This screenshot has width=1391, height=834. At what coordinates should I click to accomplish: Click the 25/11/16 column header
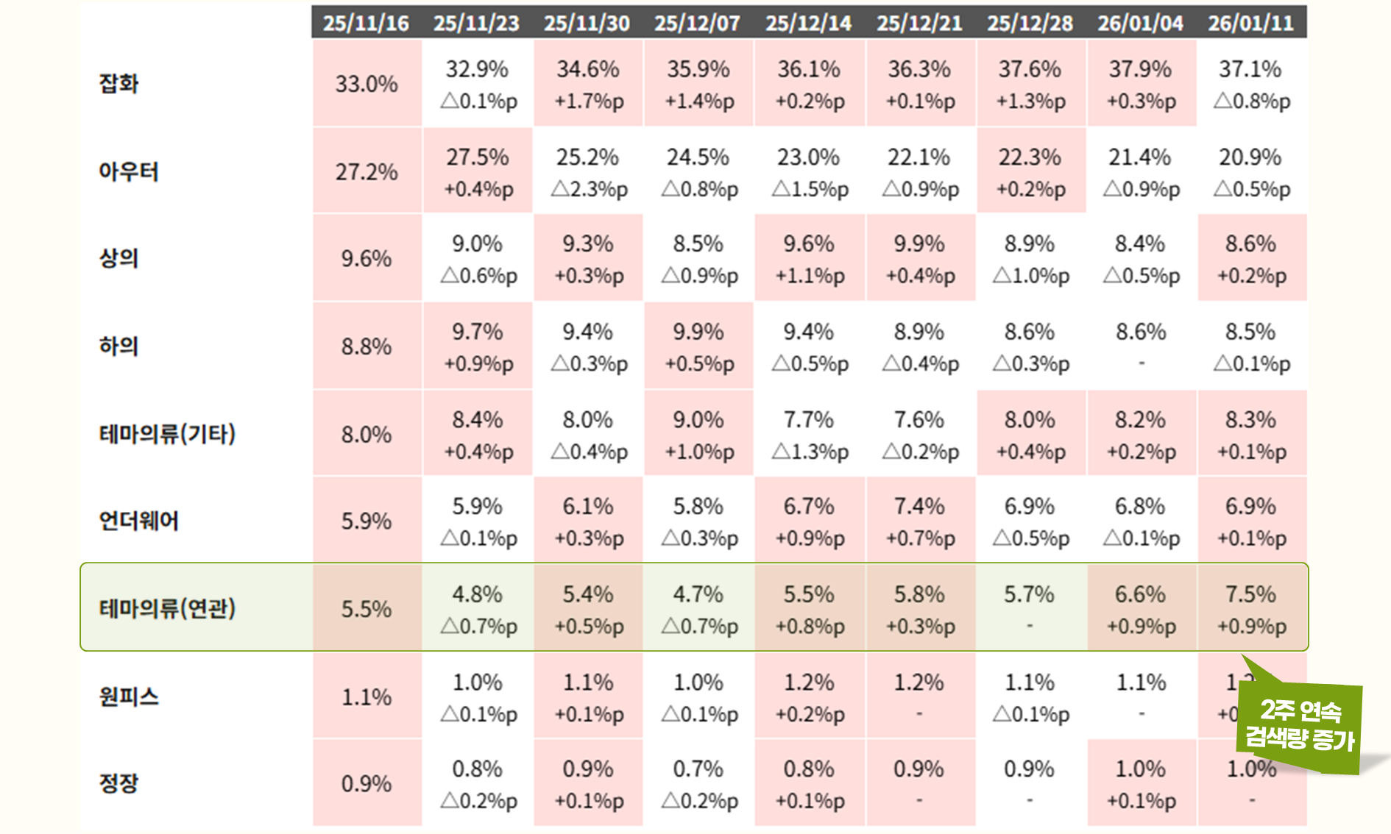(366, 23)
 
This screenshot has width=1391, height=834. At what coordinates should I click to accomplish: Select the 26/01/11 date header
(1250, 23)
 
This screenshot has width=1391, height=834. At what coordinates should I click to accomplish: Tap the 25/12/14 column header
(808, 23)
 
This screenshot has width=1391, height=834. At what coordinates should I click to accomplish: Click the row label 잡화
(119, 83)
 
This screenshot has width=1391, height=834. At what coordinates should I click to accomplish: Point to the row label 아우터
(129, 171)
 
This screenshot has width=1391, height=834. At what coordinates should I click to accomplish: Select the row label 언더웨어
(138, 521)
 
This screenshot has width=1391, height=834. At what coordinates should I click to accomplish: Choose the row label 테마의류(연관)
(167, 608)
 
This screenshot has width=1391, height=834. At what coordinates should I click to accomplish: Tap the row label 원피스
(129, 696)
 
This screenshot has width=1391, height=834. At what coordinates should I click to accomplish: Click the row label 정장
(119, 783)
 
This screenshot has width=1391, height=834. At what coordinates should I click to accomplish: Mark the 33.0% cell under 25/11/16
(367, 83)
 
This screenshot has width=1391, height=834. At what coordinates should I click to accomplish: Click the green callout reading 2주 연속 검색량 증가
(1300, 724)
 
